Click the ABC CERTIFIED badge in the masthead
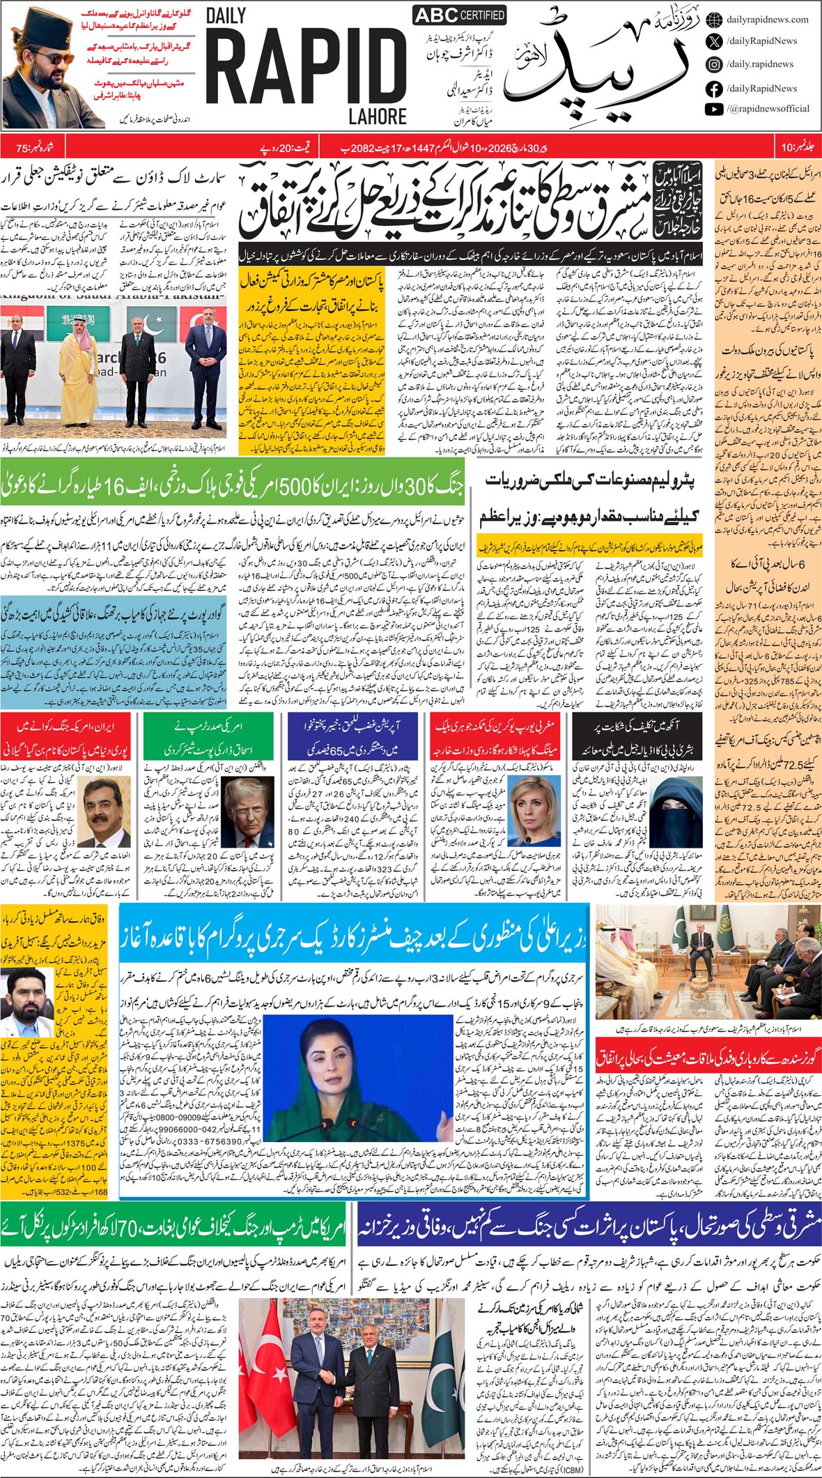459,15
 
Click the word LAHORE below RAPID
377,115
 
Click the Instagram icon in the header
713,64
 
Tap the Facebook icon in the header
713,89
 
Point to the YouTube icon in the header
713,109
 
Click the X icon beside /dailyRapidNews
713,42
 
